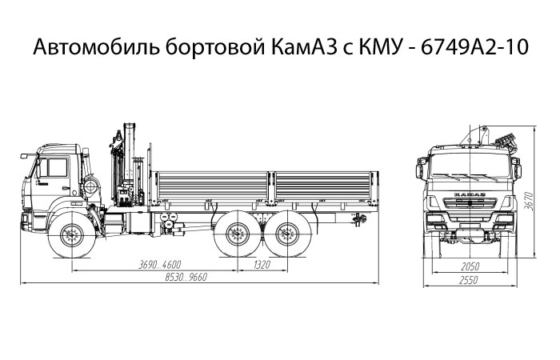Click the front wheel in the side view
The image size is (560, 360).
73,235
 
